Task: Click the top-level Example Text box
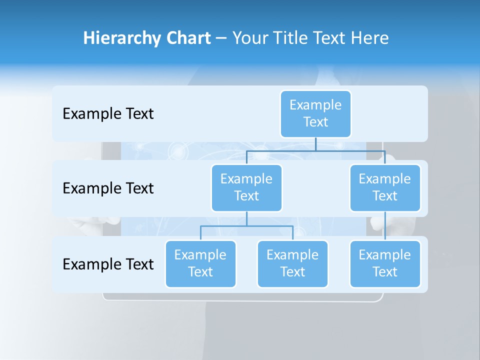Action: (x=315, y=113)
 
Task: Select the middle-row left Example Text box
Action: (x=246, y=187)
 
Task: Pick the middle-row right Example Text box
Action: (x=384, y=187)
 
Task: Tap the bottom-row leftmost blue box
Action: (x=200, y=263)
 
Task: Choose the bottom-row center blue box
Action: (x=292, y=263)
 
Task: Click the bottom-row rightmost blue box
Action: (x=384, y=263)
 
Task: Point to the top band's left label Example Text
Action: (x=108, y=114)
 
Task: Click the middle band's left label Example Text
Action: (x=108, y=188)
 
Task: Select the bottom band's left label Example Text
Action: (x=108, y=264)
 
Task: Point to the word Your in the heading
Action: (x=248, y=38)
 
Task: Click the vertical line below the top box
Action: (x=315, y=144)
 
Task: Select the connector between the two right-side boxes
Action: (x=385, y=226)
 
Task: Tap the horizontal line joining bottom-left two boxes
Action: (x=246, y=226)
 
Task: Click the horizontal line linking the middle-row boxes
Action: (x=315, y=150)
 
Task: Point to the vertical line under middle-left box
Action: (x=246, y=218)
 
